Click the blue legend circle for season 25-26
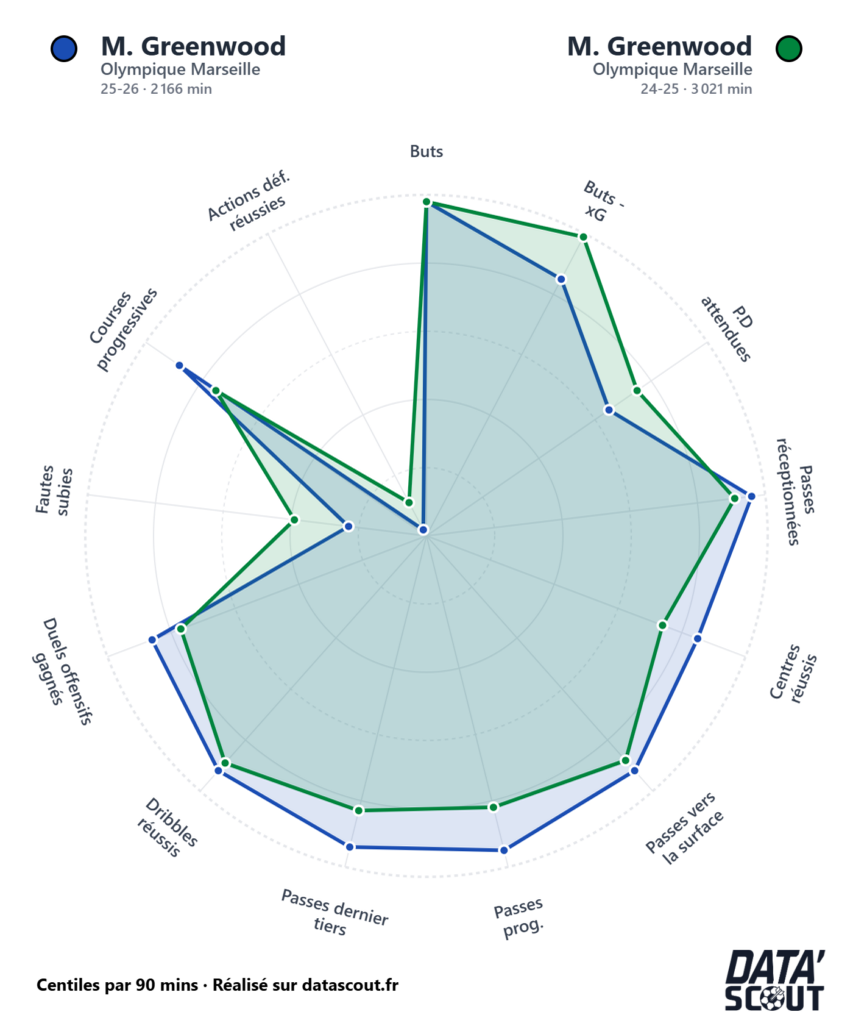click(63, 48)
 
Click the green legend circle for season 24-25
click(790, 48)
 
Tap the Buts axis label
click(426, 152)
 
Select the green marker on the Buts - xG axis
click(583, 237)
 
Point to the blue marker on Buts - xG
click(561, 279)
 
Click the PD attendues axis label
click(728, 331)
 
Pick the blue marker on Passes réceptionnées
click(751, 496)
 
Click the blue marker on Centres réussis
click(698, 637)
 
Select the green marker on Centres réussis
click(662, 625)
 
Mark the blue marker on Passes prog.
click(503, 850)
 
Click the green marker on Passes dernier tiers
click(359, 809)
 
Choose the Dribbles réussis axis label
click(170, 828)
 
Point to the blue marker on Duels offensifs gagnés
click(153, 639)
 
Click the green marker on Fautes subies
click(294, 519)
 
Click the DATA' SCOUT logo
click(775, 981)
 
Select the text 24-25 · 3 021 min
click(696, 89)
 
